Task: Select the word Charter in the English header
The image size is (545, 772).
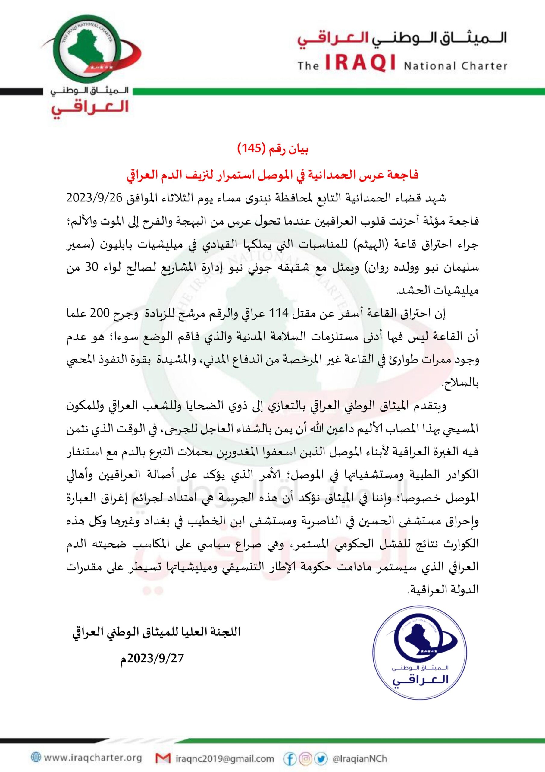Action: [x=485, y=65]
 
